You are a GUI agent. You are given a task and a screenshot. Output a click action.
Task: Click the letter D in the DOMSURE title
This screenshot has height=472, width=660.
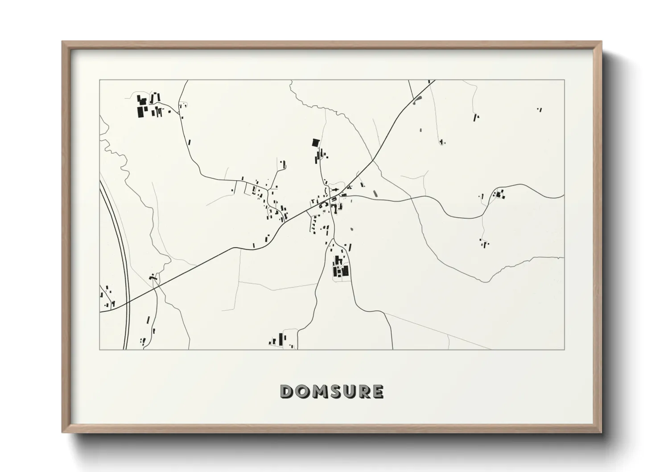click(286, 392)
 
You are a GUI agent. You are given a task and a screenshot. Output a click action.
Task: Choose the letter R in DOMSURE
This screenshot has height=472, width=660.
click(362, 392)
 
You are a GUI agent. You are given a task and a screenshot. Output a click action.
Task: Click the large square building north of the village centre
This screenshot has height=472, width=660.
click(316, 143)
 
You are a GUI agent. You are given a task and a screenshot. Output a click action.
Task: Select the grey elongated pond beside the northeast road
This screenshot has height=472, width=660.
click(417, 101)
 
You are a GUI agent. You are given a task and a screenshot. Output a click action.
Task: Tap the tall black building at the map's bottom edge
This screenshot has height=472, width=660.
click(281, 339)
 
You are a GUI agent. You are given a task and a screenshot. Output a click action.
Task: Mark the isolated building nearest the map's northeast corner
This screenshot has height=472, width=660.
click(540, 109)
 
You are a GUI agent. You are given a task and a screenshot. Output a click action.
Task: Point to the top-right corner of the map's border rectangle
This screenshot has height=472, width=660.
click(564, 80)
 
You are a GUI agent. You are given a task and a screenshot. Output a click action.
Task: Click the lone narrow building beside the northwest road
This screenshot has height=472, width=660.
click(189, 143)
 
